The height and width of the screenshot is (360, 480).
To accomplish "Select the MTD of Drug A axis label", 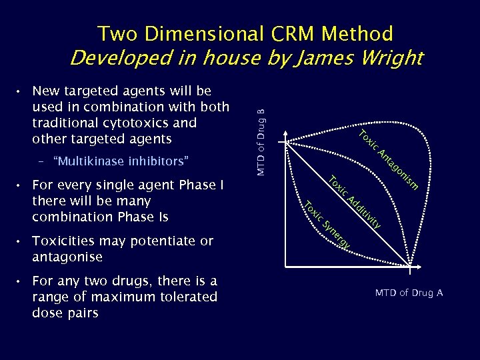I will pyautogui.click(x=409, y=293).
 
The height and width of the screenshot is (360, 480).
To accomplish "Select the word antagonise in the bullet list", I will pyautogui.click(x=67, y=257).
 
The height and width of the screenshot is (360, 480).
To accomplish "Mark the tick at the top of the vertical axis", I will pyautogui.click(x=286, y=141).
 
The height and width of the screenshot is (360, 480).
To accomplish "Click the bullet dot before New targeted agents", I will pyautogui.click(x=22, y=91).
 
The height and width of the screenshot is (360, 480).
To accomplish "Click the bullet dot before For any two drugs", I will pyautogui.click(x=22, y=281).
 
